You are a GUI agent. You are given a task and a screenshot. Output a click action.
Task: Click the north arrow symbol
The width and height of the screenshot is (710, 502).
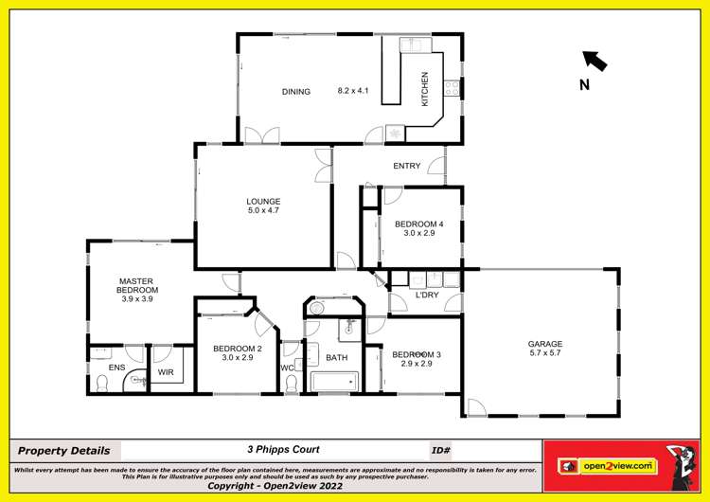pyautogui.click(x=595, y=62)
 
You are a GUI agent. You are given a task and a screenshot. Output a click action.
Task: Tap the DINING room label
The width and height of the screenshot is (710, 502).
pyautogui.click(x=295, y=92)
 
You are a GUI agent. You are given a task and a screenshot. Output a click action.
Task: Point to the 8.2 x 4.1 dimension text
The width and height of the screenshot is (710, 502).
pyautogui.click(x=352, y=92)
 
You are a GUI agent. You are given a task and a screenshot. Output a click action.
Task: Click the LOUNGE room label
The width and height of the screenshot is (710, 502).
pyautogui.click(x=263, y=201)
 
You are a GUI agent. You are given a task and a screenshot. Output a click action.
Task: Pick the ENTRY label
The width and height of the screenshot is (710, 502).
pyautogui.click(x=406, y=167)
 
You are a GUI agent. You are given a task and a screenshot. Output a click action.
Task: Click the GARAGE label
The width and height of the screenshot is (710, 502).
pyautogui.click(x=545, y=344)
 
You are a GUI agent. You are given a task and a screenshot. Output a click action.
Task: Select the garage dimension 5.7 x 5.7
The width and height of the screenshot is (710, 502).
pyautogui.click(x=545, y=353)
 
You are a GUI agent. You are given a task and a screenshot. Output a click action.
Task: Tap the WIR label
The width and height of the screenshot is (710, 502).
pyautogui.click(x=165, y=372)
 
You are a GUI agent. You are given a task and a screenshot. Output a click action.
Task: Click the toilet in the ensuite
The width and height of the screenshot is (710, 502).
pyautogui.click(x=102, y=383)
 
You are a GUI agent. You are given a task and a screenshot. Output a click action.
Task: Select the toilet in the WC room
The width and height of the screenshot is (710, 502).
pyautogui.click(x=292, y=383)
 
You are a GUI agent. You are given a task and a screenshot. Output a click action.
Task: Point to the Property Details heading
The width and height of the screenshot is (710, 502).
pyautogui.click(x=63, y=451)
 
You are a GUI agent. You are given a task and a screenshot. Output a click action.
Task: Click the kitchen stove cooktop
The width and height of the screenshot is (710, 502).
pyautogui.click(x=453, y=87)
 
